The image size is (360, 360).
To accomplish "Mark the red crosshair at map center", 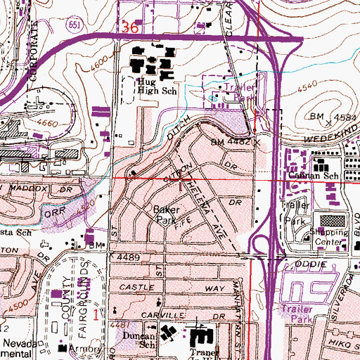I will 181,181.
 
